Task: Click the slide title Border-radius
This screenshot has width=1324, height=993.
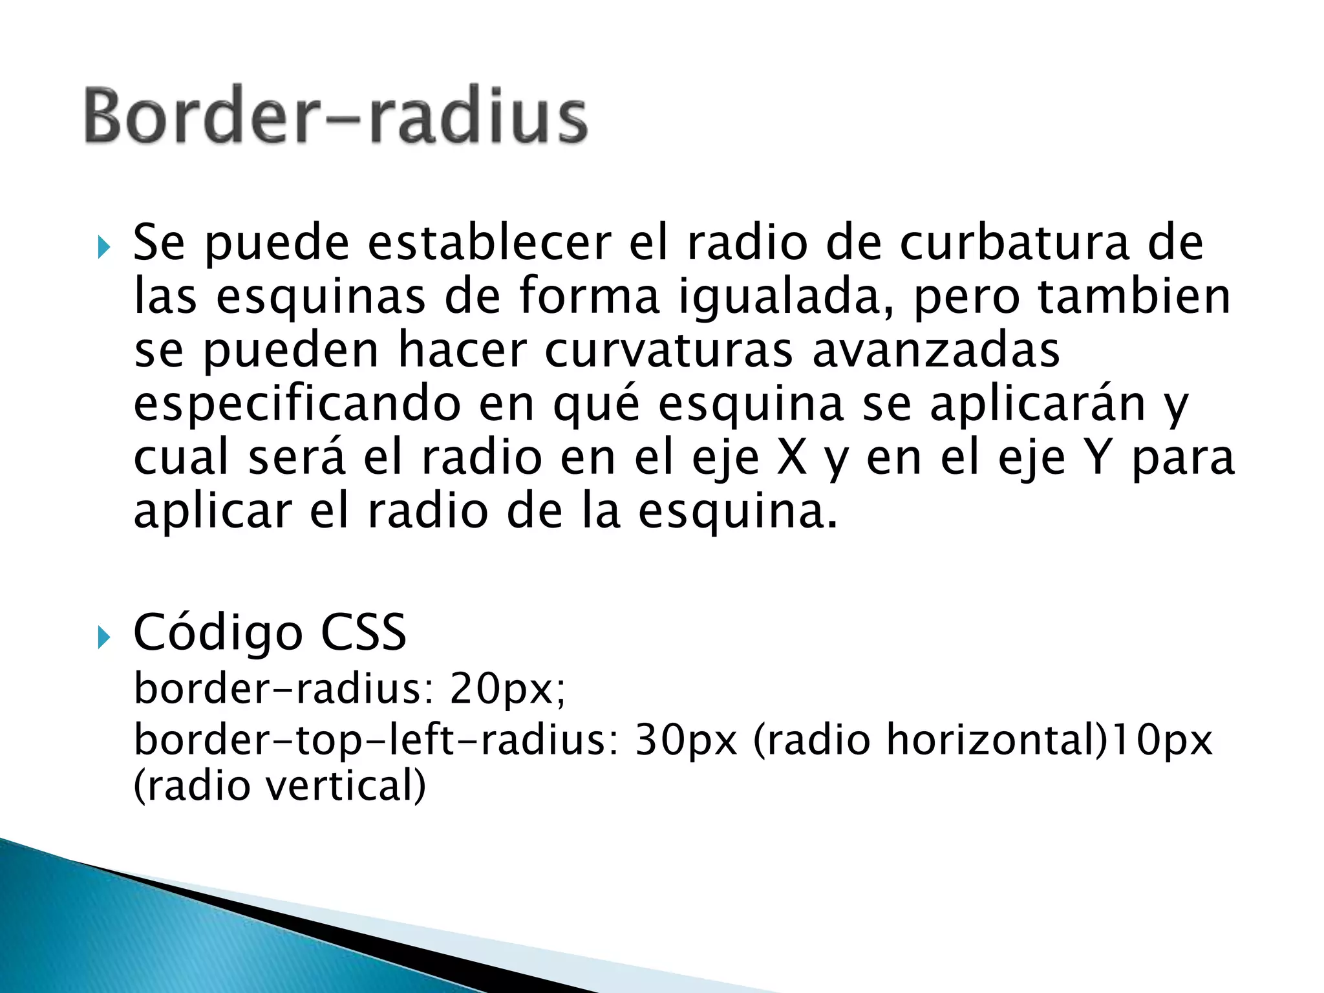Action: pos(336,115)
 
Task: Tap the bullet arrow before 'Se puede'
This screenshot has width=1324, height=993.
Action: pos(103,248)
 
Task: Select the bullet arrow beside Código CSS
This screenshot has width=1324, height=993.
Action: pos(103,637)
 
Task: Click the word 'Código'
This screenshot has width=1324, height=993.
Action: pos(218,633)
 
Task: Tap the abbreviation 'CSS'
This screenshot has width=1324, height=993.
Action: pos(363,632)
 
